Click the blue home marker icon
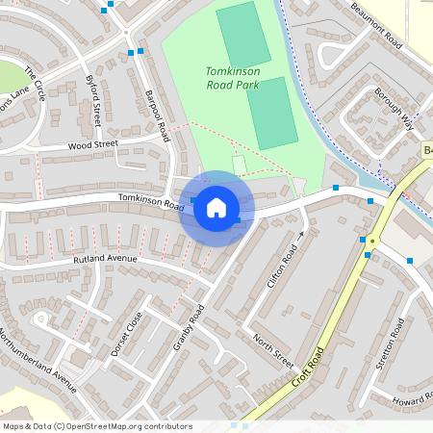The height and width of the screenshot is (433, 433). [x=216, y=207]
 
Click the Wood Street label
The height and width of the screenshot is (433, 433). [x=91, y=145]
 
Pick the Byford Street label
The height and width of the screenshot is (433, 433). [x=94, y=100]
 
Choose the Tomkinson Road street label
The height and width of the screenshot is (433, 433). [x=150, y=201]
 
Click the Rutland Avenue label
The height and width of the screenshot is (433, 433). [x=106, y=260]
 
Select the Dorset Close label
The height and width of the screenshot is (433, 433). [x=126, y=334]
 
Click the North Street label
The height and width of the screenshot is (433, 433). [x=272, y=351]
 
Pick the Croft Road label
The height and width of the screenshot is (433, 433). [x=310, y=369]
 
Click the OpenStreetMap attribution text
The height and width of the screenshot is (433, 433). [x=96, y=426]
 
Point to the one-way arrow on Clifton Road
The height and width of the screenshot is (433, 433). [x=301, y=234]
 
